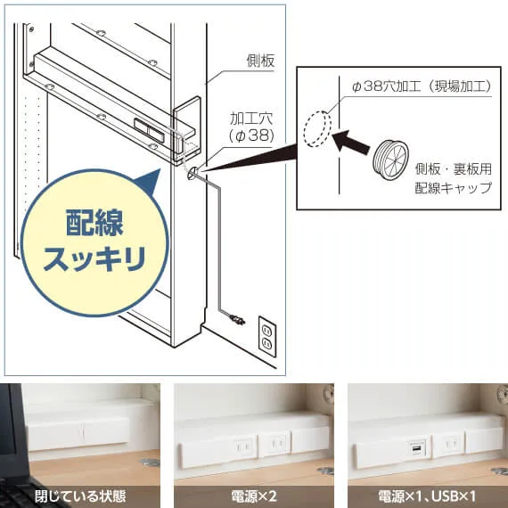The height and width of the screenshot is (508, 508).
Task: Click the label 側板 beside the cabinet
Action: coord(260,61)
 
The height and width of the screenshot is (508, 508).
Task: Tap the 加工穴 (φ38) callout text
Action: coord(251,127)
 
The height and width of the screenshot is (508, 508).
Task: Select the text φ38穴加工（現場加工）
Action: coord(422,86)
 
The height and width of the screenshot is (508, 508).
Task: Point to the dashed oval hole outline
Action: coord(317,129)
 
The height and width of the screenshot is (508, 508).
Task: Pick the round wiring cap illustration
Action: coord(390,160)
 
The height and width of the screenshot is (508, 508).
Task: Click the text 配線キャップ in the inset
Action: coord(454,188)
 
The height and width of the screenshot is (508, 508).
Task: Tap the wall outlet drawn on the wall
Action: coord(267,336)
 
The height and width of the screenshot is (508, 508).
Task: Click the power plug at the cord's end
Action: coord(237,319)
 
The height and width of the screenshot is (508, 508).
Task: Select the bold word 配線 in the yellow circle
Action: coord(94,222)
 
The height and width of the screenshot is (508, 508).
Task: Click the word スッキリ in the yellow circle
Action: coord(94,258)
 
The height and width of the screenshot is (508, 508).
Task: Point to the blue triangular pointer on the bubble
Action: coord(148,182)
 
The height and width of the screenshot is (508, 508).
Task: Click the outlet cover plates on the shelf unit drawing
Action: coord(149,130)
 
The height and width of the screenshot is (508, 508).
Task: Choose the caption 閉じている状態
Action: coord(80,496)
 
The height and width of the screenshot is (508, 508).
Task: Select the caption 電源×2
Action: coord(254,496)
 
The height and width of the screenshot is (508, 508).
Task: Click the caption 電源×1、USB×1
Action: coord(427,496)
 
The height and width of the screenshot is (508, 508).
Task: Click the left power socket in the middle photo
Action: coord(242,447)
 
